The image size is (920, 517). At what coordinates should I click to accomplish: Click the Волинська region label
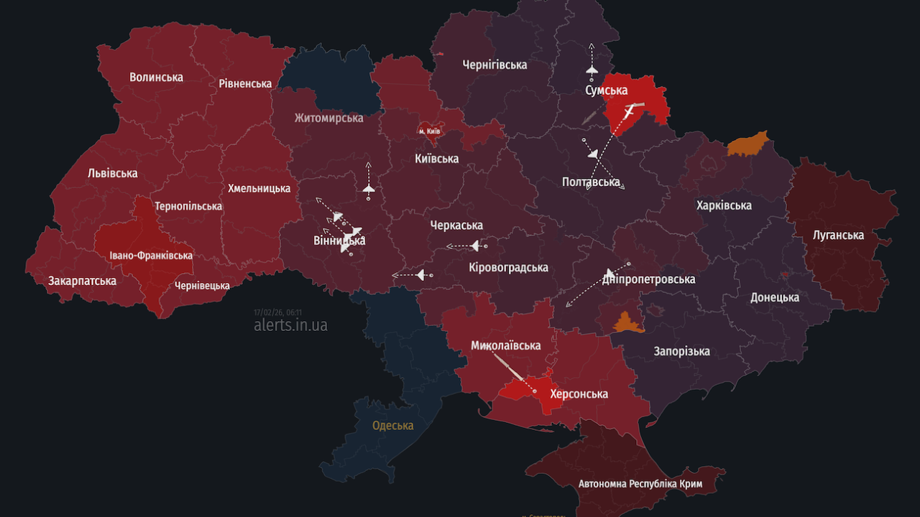(x=156, y=77)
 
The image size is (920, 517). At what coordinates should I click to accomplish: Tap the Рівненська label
(x=245, y=83)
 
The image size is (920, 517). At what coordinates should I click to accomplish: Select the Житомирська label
(x=328, y=118)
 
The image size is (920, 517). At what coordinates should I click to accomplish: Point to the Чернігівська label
(x=494, y=65)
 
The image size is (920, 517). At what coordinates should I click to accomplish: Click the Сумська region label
(x=606, y=90)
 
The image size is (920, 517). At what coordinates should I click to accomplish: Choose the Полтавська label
(x=591, y=182)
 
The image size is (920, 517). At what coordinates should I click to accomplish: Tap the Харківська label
(x=724, y=205)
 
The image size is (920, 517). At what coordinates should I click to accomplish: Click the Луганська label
(x=838, y=235)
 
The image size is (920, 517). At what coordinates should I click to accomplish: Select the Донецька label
(x=775, y=297)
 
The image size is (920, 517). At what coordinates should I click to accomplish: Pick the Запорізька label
(x=681, y=351)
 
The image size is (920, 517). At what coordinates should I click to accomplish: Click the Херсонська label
(x=579, y=393)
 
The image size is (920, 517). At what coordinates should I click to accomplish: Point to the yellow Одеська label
(x=392, y=425)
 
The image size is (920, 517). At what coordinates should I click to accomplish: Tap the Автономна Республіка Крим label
(x=640, y=484)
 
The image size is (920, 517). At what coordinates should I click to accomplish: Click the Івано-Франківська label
(x=151, y=256)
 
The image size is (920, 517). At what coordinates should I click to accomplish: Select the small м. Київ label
(x=429, y=132)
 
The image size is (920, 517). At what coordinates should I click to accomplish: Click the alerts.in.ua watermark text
(x=290, y=325)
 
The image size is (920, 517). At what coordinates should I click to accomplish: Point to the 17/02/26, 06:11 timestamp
(x=277, y=312)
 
